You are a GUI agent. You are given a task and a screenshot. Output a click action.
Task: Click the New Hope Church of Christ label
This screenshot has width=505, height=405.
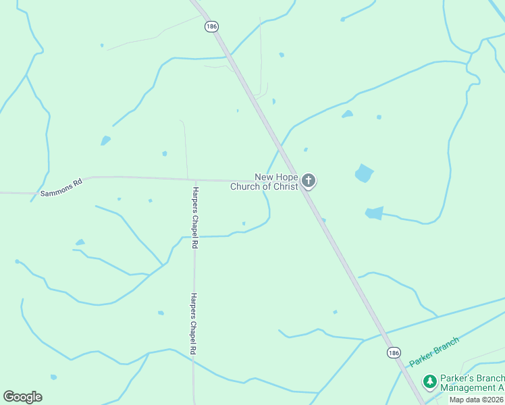(265, 182)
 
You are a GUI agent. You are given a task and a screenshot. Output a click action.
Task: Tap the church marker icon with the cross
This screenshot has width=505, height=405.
(309, 180)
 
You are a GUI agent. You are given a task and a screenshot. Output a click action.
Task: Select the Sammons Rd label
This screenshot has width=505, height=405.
(61, 187)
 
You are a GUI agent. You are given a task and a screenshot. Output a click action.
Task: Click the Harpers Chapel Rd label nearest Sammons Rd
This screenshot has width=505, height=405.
(194, 218)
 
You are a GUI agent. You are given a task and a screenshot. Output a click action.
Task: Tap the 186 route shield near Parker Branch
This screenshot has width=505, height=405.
(394, 353)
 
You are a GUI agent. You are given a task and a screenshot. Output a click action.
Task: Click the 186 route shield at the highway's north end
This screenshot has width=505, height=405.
(211, 27)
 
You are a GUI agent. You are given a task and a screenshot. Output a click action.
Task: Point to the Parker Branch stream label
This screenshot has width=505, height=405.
(433, 352)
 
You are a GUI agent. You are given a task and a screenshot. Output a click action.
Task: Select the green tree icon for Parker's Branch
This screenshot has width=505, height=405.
(429, 382)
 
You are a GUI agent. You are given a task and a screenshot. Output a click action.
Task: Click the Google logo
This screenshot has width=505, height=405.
(22, 397)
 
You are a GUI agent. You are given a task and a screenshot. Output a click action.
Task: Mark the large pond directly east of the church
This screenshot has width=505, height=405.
(364, 173)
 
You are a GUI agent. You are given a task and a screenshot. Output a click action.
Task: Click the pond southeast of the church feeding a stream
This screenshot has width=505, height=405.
(374, 213)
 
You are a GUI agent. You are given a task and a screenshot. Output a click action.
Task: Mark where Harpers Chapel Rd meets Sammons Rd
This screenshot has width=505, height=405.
(188, 180)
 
